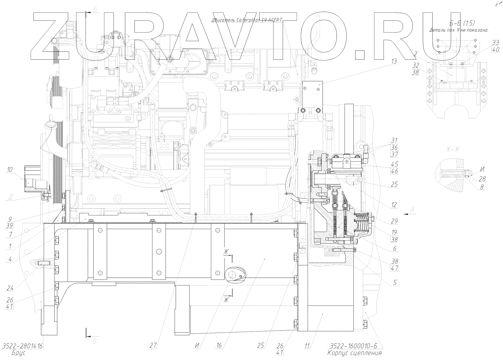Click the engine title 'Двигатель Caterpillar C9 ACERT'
coord(247,20)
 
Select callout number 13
coord(394,62)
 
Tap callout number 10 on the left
coord(10,169)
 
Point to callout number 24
coord(10,288)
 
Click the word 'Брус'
coord(19,353)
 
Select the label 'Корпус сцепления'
coord(355,353)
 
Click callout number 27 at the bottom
coord(153,345)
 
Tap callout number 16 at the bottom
coord(219,345)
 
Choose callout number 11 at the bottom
coord(307,345)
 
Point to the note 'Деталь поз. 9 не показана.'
coord(459,30)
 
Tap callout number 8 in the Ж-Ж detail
coord(482,187)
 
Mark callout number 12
coord(394,205)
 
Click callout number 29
coord(394,221)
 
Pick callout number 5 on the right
coord(394,283)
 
